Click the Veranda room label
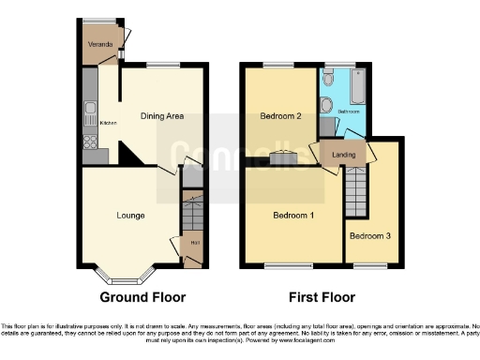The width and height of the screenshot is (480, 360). pos(100,44)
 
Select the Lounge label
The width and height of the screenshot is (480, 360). pos(130,216)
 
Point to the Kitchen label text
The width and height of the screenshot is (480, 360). pos(108,123)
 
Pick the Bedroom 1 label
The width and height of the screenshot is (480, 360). pos(292,216)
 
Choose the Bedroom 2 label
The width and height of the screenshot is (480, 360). pos(279,116)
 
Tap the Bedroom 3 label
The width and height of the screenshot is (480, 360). pos(370,235)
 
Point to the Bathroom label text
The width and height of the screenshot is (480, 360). pos(348,111)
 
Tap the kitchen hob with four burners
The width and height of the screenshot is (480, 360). pos(90,142)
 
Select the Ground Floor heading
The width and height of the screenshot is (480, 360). pos(142,298)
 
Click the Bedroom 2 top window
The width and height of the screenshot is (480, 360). pos(277,65)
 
